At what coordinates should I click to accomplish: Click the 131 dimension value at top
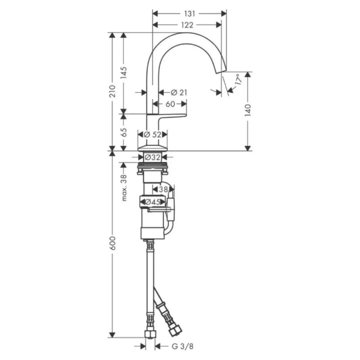click(x=189, y=14)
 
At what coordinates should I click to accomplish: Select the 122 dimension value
click(x=187, y=25)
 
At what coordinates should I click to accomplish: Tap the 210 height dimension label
click(x=112, y=91)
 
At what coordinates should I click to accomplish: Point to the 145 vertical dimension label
click(x=124, y=72)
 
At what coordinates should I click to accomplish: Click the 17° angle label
click(x=238, y=80)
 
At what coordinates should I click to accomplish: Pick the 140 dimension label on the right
click(x=248, y=110)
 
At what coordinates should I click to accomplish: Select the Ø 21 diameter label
click(x=179, y=93)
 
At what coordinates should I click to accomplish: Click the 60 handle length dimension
click(x=170, y=104)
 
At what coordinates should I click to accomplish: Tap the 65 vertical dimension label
click(x=124, y=132)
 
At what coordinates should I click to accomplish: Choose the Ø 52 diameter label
click(x=153, y=135)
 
